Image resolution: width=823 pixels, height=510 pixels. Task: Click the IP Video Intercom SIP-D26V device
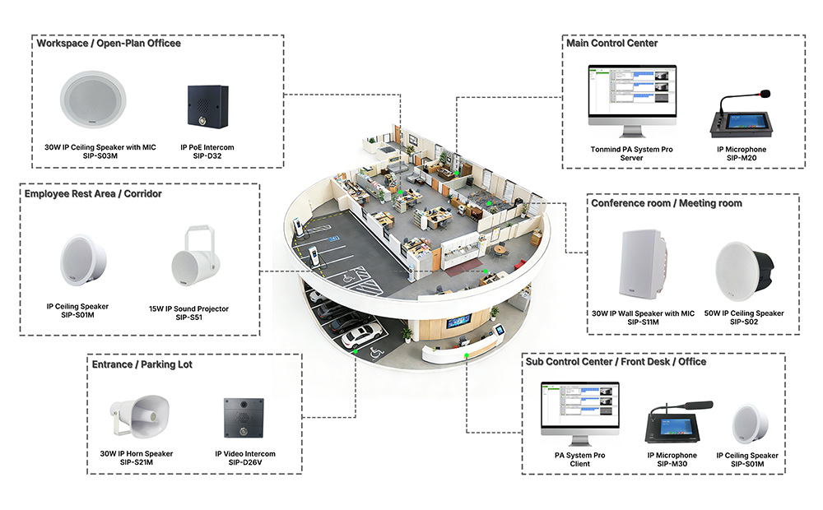tap(244, 420)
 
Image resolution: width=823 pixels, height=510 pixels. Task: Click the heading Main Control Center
tap(612, 44)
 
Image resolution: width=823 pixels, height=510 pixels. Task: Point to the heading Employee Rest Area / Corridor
tap(93, 194)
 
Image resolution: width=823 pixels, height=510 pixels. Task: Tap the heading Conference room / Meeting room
tap(666, 203)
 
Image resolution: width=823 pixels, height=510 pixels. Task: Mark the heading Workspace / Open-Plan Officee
tap(108, 44)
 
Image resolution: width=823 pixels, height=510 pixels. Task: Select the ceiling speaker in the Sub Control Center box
tap(748, 424)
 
